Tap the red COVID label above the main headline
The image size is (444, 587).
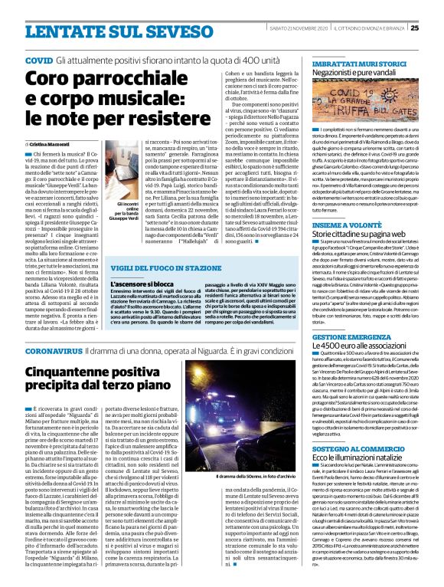coord(38,59)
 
